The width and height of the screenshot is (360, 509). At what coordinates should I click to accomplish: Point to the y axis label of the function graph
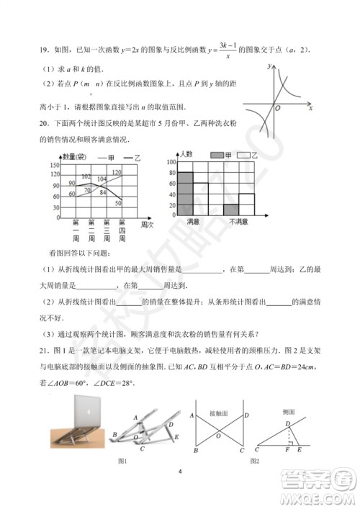click(x=267, y=66)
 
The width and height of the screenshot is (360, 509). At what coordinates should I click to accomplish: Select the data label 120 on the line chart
click(x=117, y=172)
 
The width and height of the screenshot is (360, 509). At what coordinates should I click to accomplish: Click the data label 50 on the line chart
click(x=117, y=203)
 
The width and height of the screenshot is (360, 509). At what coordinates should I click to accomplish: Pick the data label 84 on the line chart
click(x=102, y=192)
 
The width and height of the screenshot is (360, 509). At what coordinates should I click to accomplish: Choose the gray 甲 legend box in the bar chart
click(x=217, y=156)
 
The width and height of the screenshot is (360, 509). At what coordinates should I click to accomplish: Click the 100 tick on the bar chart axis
click(x=171, y=162)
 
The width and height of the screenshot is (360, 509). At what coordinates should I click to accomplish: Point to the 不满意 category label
click(x=238, y=220)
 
